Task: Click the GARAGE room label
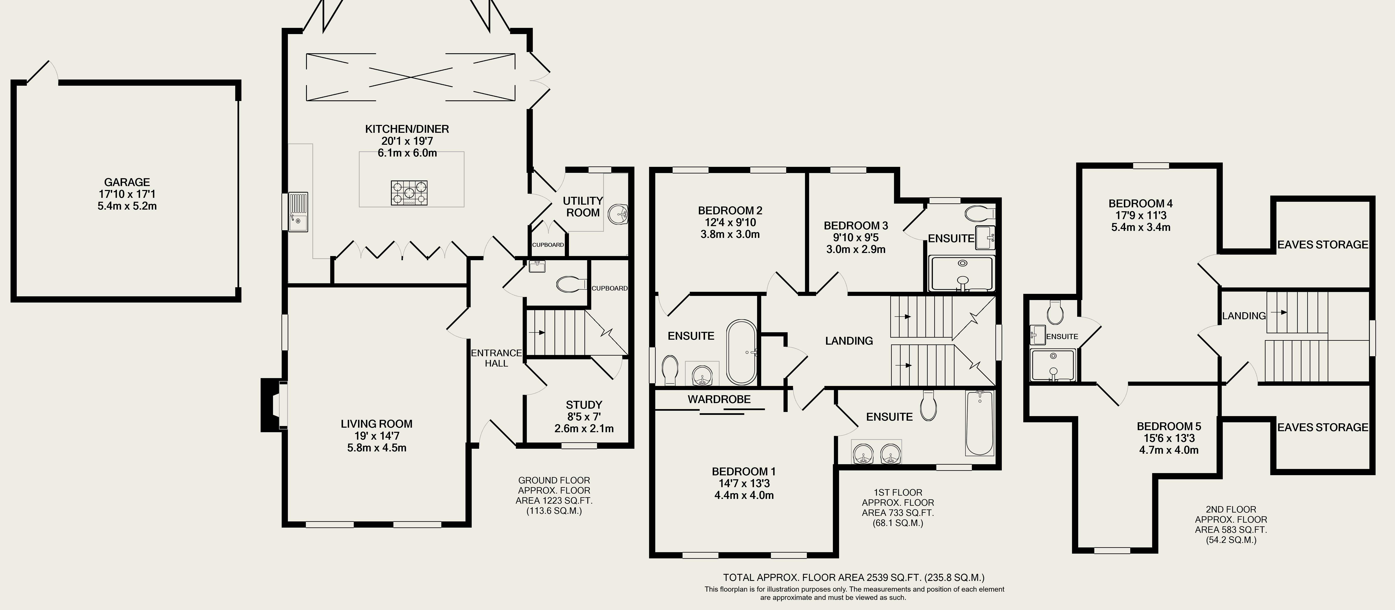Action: [127, 183]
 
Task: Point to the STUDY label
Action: [584, 405]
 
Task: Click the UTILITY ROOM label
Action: [583, 206]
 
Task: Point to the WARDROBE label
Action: [719, 399]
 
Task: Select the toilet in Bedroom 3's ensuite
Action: [980, 213]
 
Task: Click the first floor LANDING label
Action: [849, 341]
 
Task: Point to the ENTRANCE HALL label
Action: [497, 358]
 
